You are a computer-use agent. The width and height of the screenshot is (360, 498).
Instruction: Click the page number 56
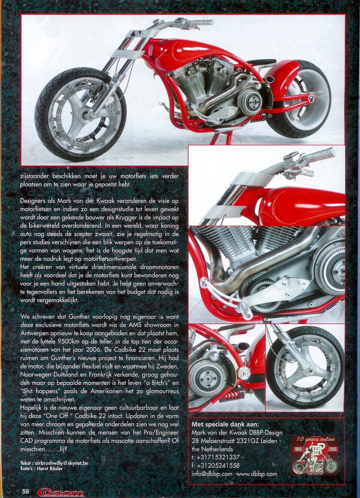[26, 491]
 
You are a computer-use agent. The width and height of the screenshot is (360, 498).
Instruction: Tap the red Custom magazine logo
[61, 492]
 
